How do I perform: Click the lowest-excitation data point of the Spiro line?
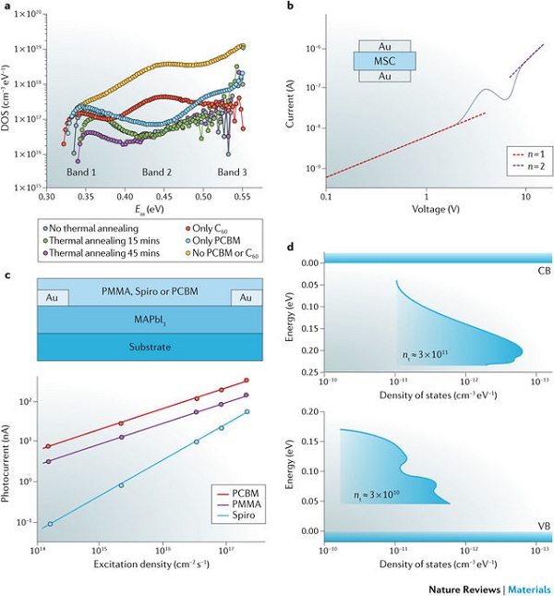pos(50,524)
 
